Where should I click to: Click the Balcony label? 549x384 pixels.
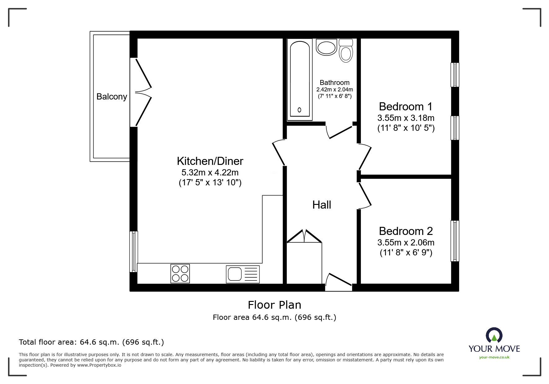(112, 97)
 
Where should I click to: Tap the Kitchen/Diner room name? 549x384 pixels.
(210, 161)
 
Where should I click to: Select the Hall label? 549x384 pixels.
(321, 205)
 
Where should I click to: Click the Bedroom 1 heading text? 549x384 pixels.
(405, 107)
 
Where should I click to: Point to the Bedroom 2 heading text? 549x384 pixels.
(405, 231)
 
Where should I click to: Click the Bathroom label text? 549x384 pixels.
(334, 82)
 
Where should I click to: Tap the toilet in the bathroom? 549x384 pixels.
(346, 51)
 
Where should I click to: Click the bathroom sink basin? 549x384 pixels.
(326, 47)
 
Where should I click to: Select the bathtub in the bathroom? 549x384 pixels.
(299, 80)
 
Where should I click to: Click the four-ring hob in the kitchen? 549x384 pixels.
(180, 273)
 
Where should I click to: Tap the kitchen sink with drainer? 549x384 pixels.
(243, 274)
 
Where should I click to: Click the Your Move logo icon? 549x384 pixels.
(494, 336)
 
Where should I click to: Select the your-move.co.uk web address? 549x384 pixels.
(494, 357)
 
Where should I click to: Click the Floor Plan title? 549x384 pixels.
(275, 305)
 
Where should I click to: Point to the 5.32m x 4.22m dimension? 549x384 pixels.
(210, 172)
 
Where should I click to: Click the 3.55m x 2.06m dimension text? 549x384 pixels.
(406, 243)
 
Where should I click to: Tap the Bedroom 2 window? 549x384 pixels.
(455, 241)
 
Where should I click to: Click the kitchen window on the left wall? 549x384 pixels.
(134, 252)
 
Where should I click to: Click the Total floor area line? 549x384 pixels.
(91, 342)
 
